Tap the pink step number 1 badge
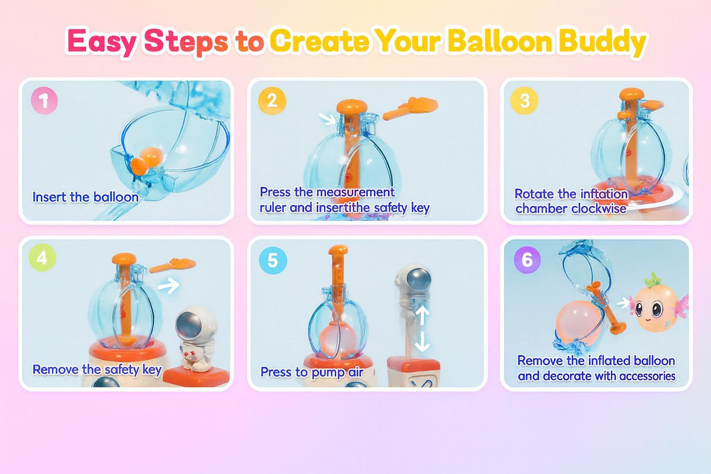tap(44, 101)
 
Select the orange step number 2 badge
tap(272, 101)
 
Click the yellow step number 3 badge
tap(524, 101)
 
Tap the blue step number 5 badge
tap(273, 260)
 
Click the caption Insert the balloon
tap(85, 197)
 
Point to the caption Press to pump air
tap(312, 372)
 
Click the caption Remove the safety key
tap(97, 370)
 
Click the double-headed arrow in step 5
tap(421, 328)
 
